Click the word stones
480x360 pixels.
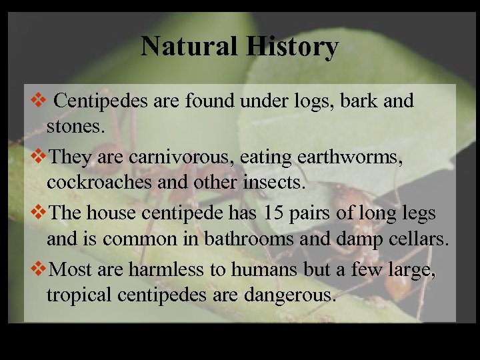[x=75, y=127]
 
